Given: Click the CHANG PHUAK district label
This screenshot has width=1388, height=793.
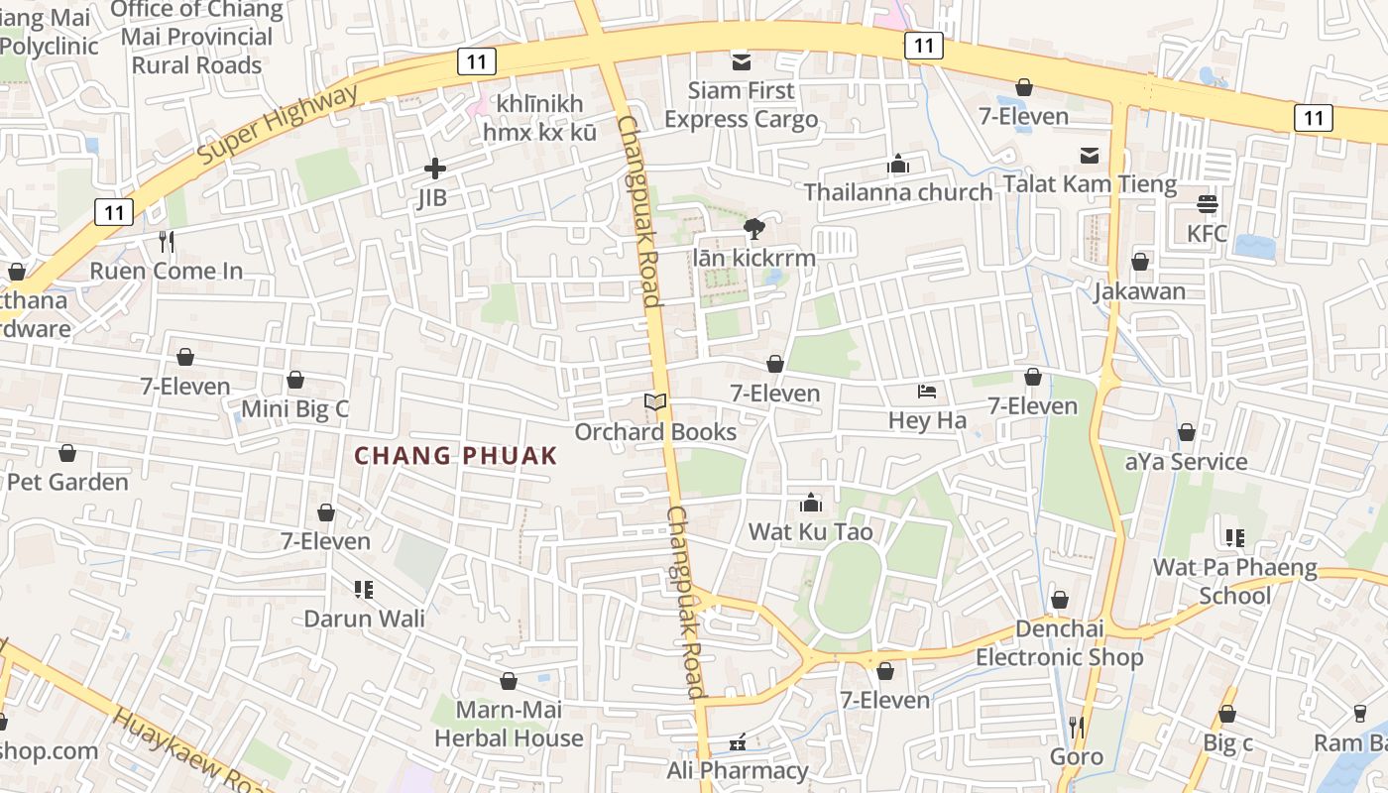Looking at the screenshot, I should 456,456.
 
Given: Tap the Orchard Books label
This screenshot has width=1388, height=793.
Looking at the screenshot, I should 655,432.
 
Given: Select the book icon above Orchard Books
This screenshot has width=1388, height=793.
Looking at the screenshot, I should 655,401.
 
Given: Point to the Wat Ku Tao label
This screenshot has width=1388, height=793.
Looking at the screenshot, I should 810,532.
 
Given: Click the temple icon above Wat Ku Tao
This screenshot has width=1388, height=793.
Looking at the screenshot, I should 811,503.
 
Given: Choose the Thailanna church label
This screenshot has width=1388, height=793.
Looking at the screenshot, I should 898,192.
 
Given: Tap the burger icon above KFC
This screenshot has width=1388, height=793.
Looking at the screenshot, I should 1207,204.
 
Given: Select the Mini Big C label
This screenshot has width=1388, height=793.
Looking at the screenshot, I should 295,409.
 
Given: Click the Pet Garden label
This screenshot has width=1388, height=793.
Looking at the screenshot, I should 67,483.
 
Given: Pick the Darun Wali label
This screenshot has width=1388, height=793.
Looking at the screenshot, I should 364,620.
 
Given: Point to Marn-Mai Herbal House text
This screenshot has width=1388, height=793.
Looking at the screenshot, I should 509,725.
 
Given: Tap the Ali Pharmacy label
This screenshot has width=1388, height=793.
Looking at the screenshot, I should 738,771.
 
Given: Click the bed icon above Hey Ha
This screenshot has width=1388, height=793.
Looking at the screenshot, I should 927,392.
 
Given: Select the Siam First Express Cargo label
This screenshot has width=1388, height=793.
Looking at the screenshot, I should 741,105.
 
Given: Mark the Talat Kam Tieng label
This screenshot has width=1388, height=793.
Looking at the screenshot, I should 1090,184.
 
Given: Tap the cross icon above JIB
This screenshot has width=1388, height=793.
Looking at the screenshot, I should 434,169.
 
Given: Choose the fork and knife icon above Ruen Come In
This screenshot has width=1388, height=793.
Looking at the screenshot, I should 167,241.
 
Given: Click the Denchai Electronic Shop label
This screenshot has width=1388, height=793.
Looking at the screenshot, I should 1059,644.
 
